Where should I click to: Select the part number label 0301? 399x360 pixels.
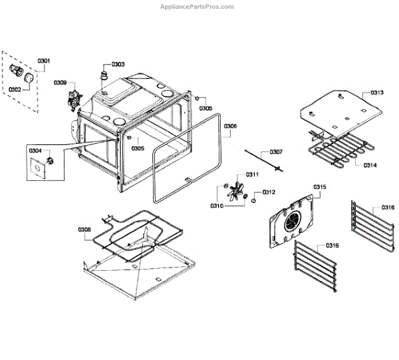pos(44,61)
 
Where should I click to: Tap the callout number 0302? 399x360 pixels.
pos(14,89)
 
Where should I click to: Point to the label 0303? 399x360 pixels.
pos(118,64)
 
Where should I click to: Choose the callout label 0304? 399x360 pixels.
pos(35,151)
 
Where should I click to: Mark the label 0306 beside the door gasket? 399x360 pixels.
pos(230,126)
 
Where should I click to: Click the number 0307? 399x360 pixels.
pos(276,152)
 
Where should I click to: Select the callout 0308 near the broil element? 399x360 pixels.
pos(84,230)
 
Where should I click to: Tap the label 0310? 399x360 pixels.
pos(217,206)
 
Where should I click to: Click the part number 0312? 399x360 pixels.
pos(268,192)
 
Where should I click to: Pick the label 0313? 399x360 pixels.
pos(377,92)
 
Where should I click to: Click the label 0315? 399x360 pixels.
pos(319,187)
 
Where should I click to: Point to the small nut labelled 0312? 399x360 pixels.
pos(253,198)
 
